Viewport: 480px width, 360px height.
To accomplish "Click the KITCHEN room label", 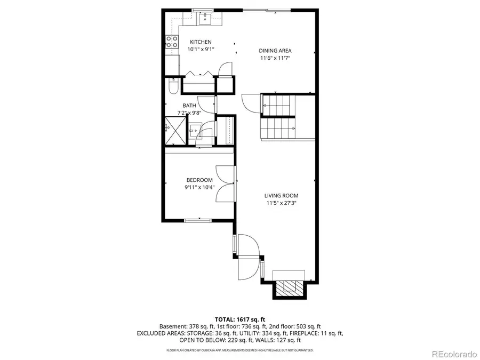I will point(199,42).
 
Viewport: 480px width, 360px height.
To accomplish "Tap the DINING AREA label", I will point(275,51).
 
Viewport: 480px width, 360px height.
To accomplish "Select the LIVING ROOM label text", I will point(282,196).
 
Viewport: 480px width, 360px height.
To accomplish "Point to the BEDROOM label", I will point(199,180).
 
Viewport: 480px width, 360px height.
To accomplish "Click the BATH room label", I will point(189,106).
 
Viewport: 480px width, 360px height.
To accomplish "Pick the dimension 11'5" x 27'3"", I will point(282,203).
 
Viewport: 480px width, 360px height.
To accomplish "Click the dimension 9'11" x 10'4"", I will point(199,188).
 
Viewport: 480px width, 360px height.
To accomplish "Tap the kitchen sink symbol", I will point(205,19).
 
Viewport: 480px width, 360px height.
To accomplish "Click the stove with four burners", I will point(172,42).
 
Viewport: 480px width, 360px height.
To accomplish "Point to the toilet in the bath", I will point(172,86).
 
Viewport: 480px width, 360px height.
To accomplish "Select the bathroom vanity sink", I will point(196,131).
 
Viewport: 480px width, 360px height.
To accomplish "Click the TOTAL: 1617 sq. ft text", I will point(239,318).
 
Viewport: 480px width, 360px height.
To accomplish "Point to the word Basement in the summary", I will point(172,326).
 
